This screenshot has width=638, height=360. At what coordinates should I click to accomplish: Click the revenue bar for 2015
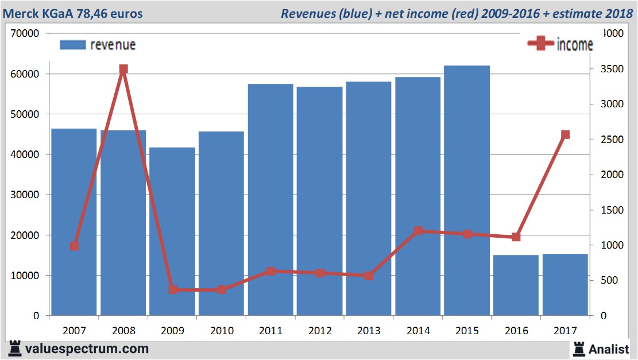pyautogui.click(x=467, y=189)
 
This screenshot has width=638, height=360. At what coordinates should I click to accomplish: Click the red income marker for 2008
pyautogui.click(x=123, y=69)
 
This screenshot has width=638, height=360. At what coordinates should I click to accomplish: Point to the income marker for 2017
pyautogui.click(x=565, y=135)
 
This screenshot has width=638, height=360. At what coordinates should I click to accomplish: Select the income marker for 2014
pyautogui.click(x=418, y=231)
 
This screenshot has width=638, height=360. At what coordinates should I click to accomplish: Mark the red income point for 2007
pyautogui.click(x=74, y=246)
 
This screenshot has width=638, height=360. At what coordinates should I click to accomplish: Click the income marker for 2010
pyautogui.click(x=222, y=289)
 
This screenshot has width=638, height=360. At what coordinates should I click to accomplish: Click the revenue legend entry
pyautogui.click(x=98, y=45)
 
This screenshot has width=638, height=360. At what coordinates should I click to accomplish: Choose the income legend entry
pyautogui.click(x=560, y=45)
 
